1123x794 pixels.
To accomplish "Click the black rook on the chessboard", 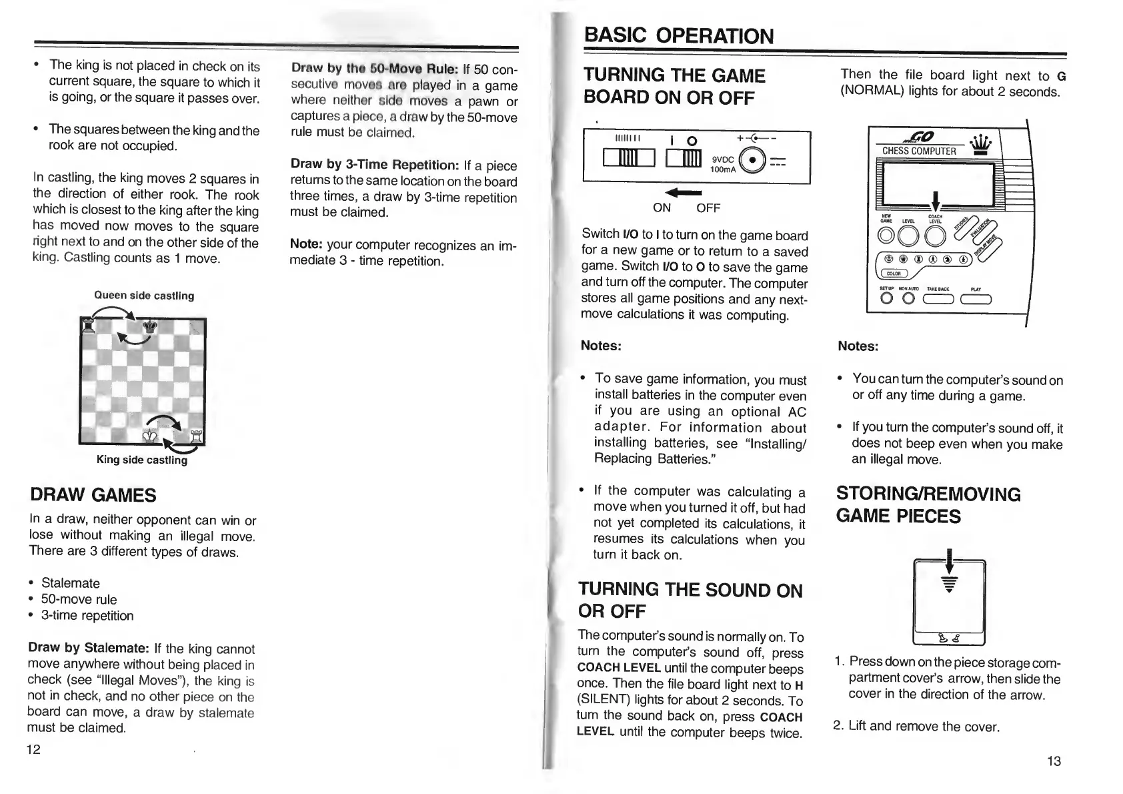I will [x=88, y=328].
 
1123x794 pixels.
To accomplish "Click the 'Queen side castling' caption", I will [x=144, y=296].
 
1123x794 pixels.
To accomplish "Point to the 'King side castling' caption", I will [x=142, y=460].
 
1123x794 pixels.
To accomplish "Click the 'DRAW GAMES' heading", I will [x=93, y=495].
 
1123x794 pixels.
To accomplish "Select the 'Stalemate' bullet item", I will [x=70, y=583].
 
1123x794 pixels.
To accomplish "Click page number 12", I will [x=33, y=749].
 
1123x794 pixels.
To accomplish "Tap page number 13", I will [x=1054, y=761].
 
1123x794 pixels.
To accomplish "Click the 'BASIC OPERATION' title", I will [x=679, y=35].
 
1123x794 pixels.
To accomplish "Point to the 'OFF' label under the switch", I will [x=708, y=208].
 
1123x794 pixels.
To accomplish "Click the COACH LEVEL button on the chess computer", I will [x=935, y=236].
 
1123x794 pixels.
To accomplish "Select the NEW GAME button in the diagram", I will [x=887, y=236].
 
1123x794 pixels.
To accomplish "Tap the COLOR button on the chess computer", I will [x=894, y=273].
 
